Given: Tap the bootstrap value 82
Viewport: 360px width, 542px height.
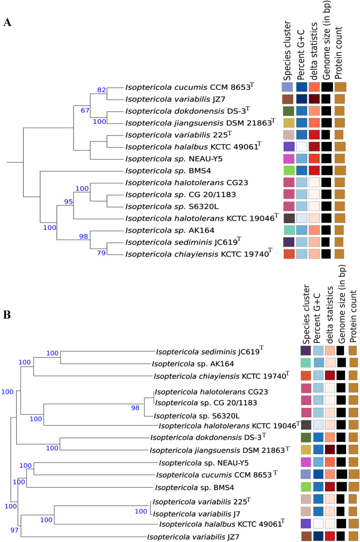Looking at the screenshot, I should point(101,90).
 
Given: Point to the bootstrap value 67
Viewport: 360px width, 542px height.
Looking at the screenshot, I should point(86,111).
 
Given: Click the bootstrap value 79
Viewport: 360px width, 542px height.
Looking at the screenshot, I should point(101,253).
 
